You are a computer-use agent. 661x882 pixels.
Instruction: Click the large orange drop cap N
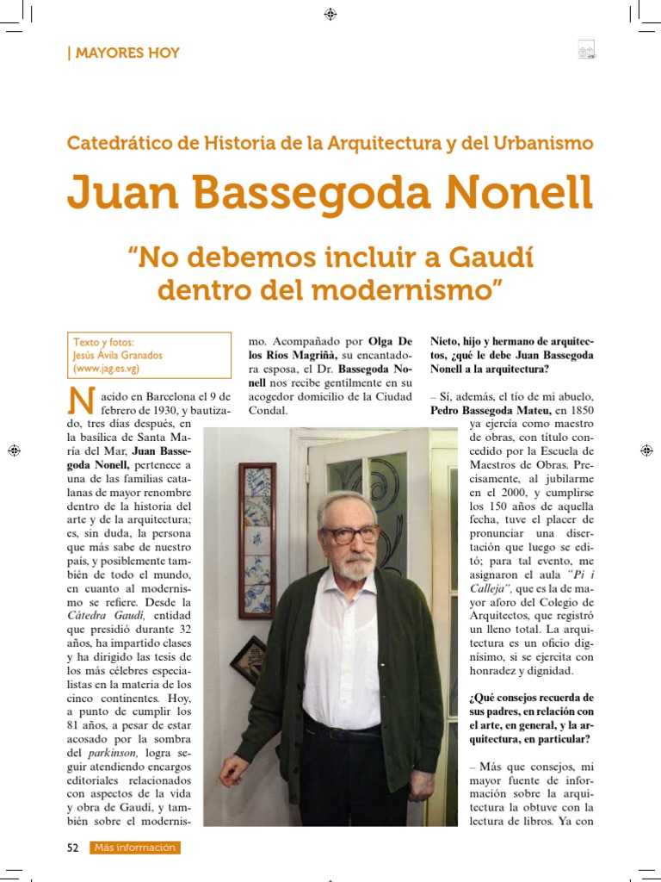[80, 405]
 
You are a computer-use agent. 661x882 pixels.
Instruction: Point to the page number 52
[73, 848]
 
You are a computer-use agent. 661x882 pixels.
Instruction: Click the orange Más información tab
[135, 848]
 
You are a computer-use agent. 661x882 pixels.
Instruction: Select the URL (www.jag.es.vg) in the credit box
[107, 369]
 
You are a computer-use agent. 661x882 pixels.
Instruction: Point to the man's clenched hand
[232, 769]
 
